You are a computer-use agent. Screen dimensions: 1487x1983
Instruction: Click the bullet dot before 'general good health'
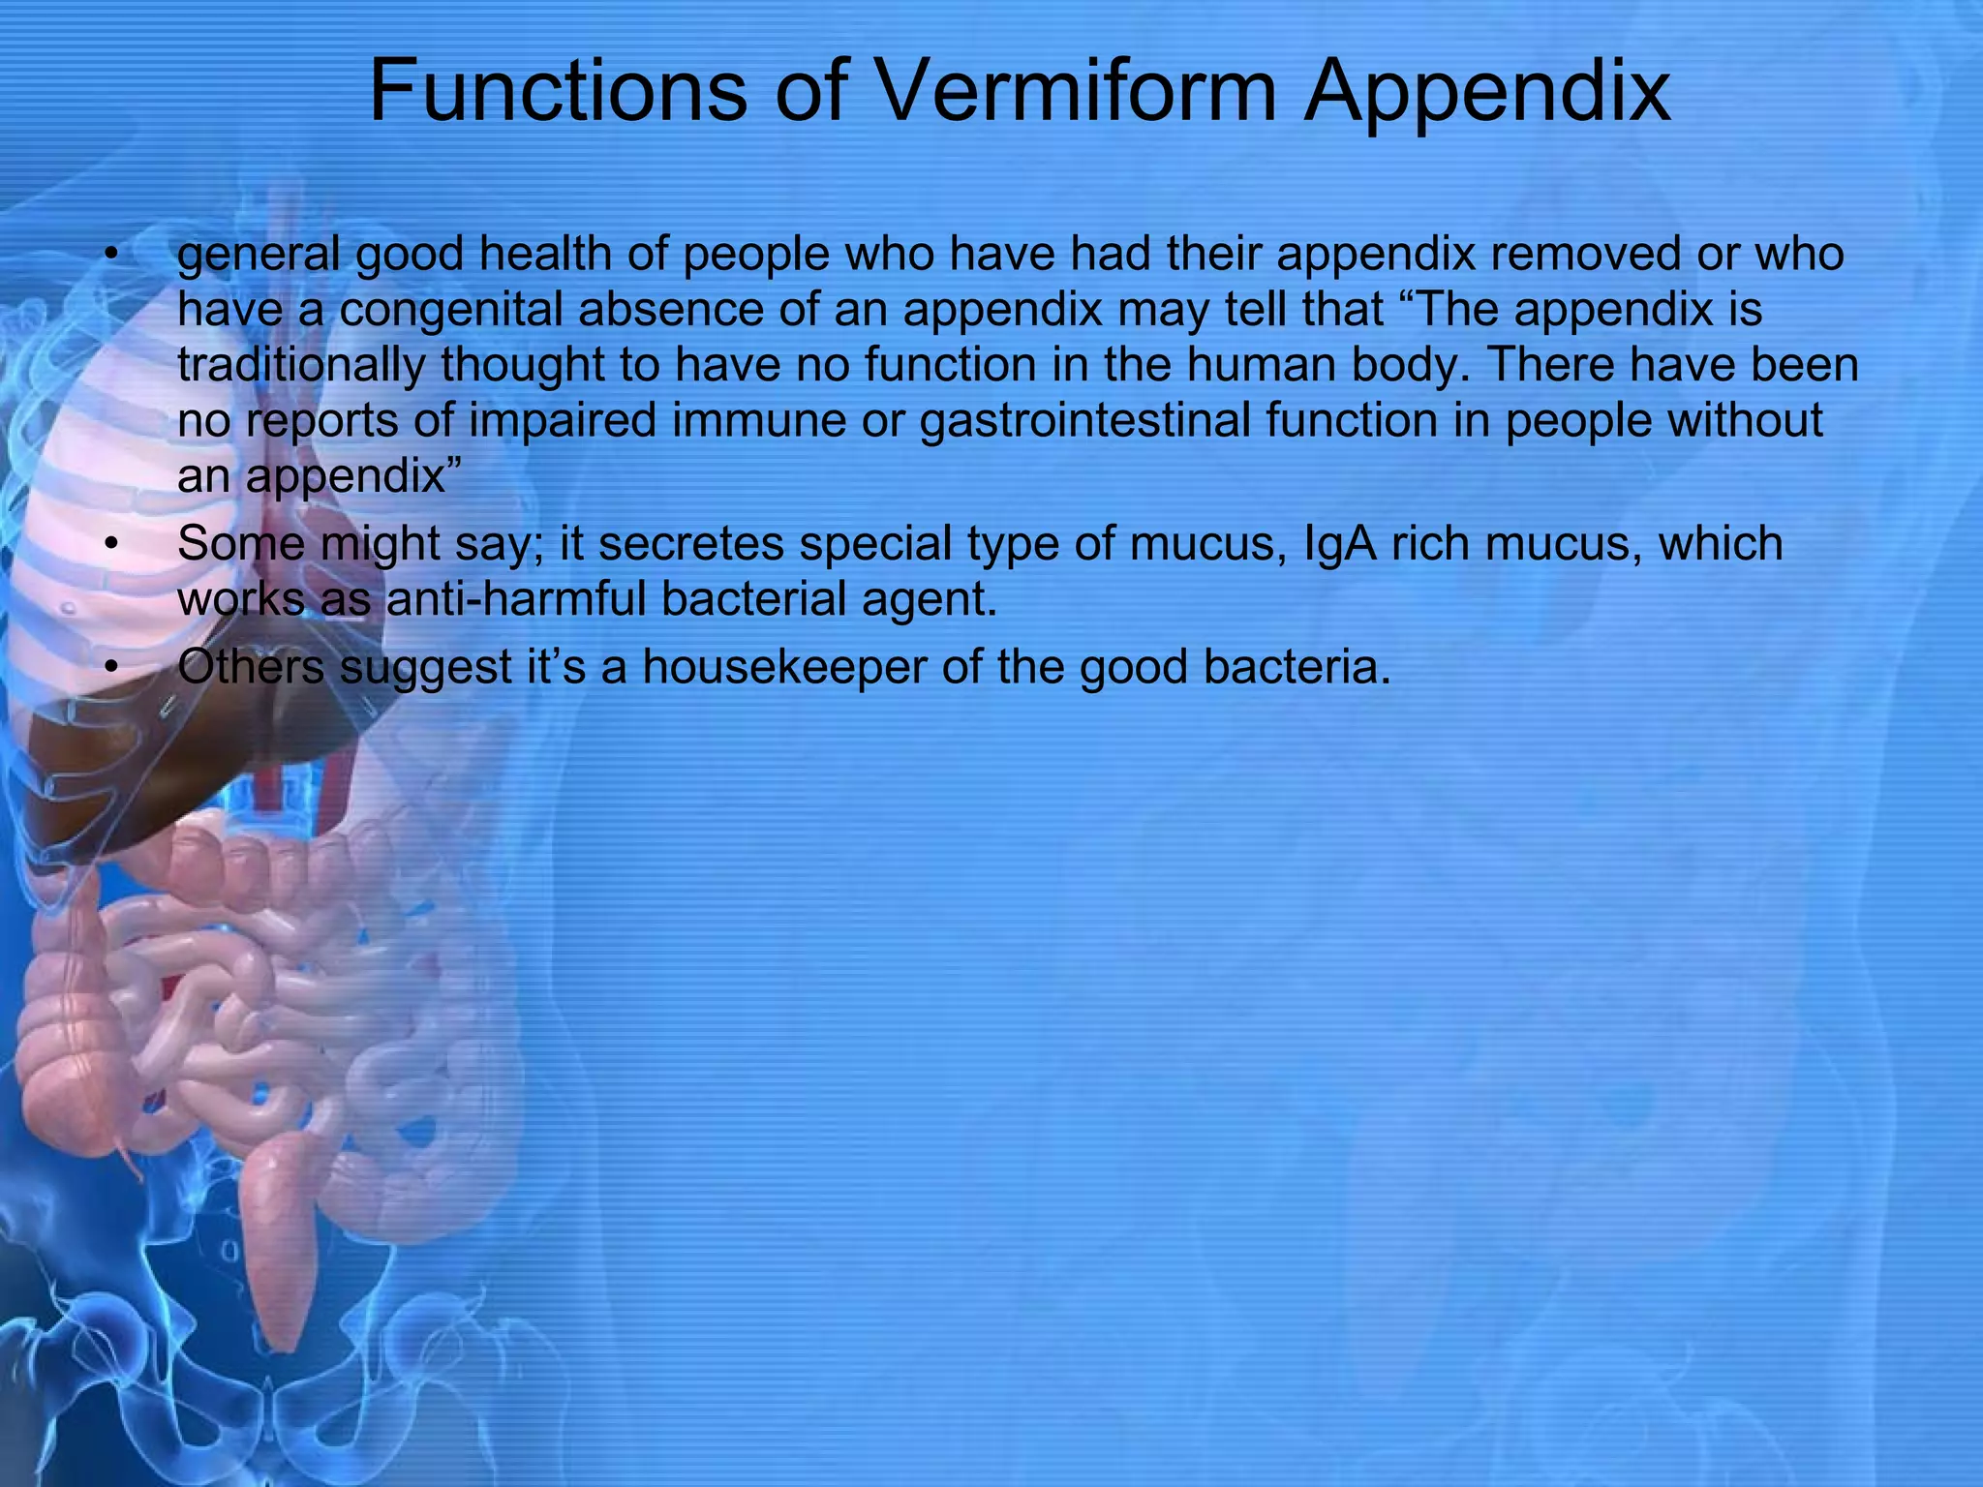pos(113,256)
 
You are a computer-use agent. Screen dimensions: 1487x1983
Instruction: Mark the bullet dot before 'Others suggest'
pos(113,668)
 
